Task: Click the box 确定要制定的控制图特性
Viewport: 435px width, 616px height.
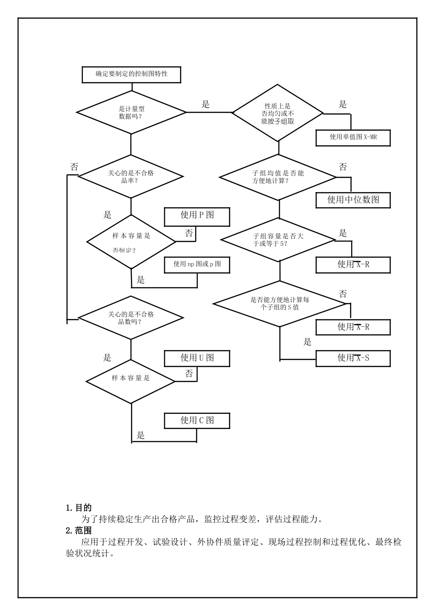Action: pyautogui.click(x=131, y=74)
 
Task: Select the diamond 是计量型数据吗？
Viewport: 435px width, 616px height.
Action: pyautogui.click(x=131, y=112)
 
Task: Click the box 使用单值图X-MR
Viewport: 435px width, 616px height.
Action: pyautogui.click(x=353, y=137)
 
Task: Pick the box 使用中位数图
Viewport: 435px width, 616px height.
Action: pyautogui.click(x=353, y=200)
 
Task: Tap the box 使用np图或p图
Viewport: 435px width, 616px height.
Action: pyautogui.click(x=197, y=264)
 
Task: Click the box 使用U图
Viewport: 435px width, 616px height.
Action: pyautogui.click(x=197, y=358)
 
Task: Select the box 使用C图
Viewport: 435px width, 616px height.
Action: pyautogui.click(x=197, y=420)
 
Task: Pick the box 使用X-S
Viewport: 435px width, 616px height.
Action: pyautogui.click(x=353, y=358)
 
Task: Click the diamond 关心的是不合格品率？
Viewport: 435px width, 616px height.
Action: pyautogui.click(x=131, y=176)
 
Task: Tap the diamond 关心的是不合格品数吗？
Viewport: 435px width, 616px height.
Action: pyautogui.click(x=131, y=318)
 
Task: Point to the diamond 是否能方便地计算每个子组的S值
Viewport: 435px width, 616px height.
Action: pyautogui.click(x=280, y=303)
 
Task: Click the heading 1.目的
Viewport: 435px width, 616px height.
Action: pyautogui.click(x=79, y=508)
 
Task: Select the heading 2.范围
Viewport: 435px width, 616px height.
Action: pyautogui.click(x=79, y=531)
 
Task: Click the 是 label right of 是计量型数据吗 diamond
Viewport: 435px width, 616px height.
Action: pyautogui.click(x=206, y=104)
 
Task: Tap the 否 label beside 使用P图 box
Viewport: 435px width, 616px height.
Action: pyautogui.click(x=189, y=234)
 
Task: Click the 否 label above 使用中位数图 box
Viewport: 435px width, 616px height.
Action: pyautogui.click(x=343, y=167)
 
